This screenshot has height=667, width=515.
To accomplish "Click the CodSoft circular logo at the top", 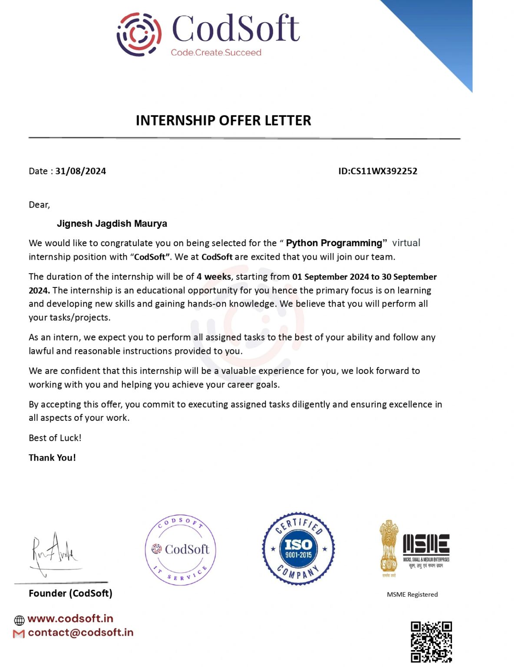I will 139,34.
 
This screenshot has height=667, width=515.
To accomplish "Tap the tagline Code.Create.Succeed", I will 216,53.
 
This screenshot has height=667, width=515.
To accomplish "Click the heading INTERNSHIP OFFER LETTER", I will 223,120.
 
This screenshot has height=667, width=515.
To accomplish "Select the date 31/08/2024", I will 80,171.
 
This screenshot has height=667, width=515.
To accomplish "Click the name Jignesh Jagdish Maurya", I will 112,224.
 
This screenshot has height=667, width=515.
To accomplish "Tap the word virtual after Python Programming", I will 406,243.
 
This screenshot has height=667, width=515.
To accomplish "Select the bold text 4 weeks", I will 214,277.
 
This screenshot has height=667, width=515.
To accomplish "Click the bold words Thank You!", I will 52,458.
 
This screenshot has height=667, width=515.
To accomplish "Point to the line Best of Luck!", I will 55,438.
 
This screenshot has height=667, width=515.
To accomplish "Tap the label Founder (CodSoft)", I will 70,593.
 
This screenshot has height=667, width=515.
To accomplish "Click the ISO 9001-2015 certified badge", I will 298,548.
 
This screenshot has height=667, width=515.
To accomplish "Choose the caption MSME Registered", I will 412,594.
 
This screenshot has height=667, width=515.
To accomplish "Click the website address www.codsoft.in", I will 70,618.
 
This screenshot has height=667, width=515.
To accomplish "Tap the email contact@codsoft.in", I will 80,633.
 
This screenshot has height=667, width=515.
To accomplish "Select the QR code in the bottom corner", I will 431,642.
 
